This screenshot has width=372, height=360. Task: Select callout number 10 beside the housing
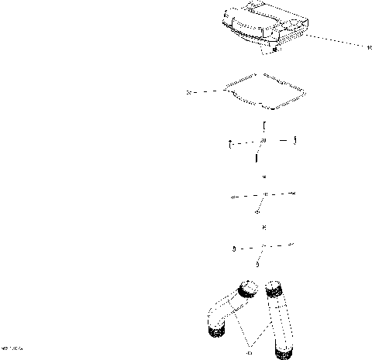click(x=369, y=47)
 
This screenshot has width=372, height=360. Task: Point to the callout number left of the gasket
click(x=189, y=92)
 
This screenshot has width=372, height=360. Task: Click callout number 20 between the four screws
click(x=263, y=141)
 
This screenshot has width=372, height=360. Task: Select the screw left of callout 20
click(x=230, y=143)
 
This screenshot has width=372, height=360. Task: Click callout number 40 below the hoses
click(x=249, y=353)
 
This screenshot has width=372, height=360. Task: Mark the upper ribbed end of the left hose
click(x=249, y=290)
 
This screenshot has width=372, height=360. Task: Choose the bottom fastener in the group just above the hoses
click(x=257, y=264)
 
